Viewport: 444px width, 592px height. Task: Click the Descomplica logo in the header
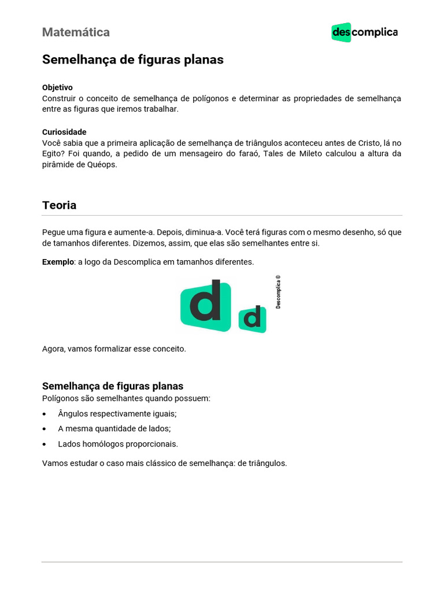tap(364, 32)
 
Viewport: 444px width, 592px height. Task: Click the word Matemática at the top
tap(76, 32)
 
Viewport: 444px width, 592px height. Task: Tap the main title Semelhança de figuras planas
tap(132, 60)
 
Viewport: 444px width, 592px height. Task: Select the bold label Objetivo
tap(57, 87)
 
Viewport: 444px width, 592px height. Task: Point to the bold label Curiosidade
tap(64, 132)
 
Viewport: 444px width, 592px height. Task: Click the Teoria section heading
tap(59, 205)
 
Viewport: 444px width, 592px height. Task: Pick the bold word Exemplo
tap(58, 262)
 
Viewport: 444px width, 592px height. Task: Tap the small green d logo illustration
tap(253, 319)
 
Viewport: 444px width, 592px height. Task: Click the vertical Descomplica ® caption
tap(278, 292)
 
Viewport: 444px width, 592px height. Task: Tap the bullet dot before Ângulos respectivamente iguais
tap(45, 415)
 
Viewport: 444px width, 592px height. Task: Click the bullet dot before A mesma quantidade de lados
tap(45, 430)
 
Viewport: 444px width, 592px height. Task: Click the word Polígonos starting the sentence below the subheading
tap(61, 398)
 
